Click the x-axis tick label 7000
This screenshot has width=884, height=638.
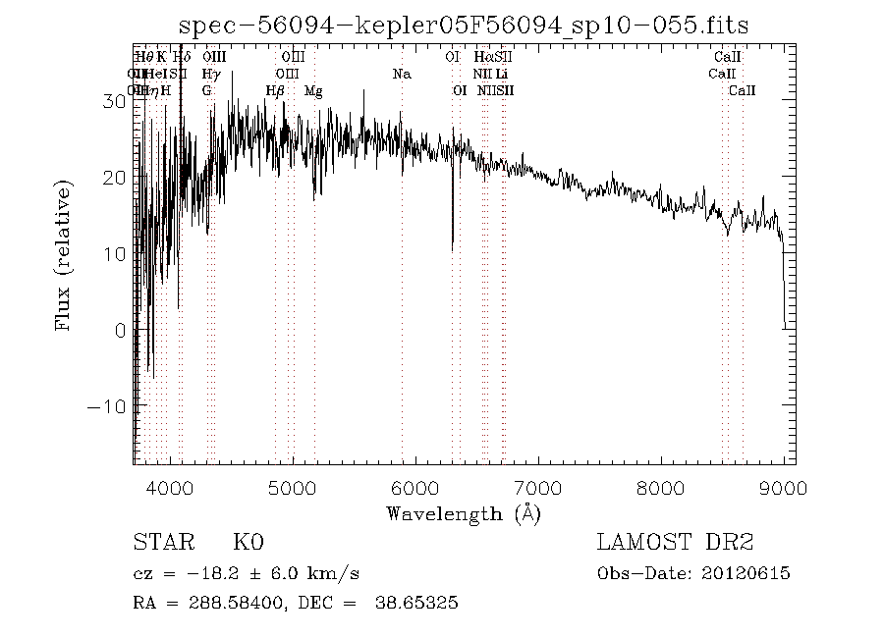coord(537,488)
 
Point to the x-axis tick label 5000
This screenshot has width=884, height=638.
coord(293,488)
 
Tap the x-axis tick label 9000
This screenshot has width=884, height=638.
coord(783,488)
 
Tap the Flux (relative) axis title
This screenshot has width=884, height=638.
coord(66,254)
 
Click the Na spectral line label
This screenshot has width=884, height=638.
coord(401,74)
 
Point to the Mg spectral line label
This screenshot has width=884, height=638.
coord(313,90)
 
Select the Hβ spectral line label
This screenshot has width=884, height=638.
coord(275,90)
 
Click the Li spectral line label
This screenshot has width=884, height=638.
coord(501,74)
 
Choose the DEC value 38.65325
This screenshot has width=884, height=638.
coord(416,603)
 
